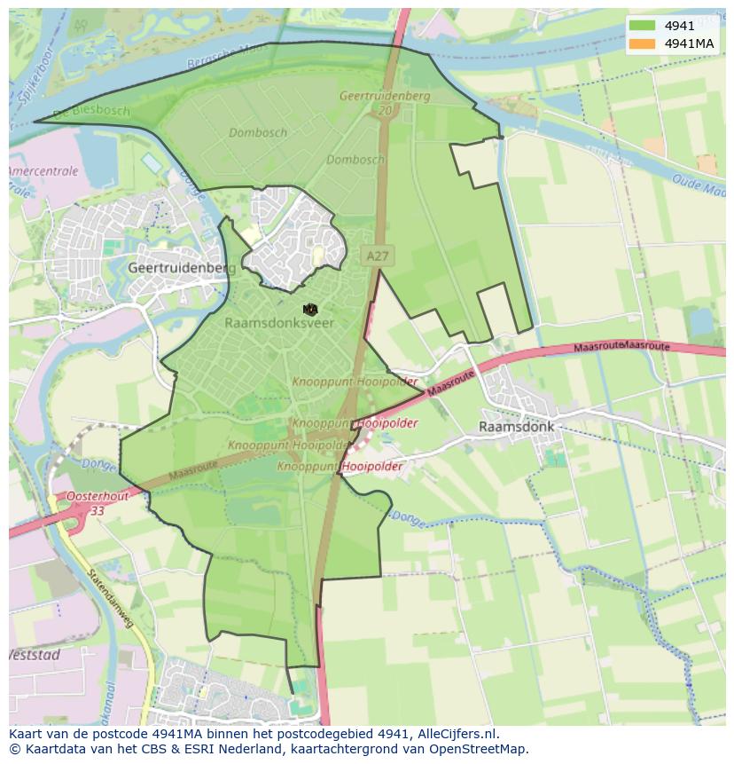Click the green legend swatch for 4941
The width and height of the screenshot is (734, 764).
pyautogui.click(x=643, y=26)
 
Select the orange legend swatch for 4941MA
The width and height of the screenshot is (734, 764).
pyautogui.click(x=643, y=43)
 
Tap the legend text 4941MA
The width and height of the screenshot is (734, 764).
pyautogui.click(x=690, y=43)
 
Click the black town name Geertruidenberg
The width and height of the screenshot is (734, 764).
pyautogui.click(x=182, y=267)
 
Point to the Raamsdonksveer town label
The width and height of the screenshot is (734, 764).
pyautogui.click(x=279, y=323)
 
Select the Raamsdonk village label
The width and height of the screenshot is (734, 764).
pyautogui.click(x=516, y=426)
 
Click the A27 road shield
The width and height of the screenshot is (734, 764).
pyautogui.click(x=377, y=256)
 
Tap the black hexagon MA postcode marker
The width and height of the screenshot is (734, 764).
pyautogui.click(x=309, y=309)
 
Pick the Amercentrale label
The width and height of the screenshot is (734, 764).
pyautogui.click(x=43, y=171)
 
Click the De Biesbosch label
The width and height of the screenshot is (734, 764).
pyautogui.click(x=90, y=113)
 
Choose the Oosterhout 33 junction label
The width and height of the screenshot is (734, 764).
pyautogui.click(x=97, y=503)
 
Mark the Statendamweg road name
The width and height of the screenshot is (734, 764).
pyautogui.click(x=111, y=600)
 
